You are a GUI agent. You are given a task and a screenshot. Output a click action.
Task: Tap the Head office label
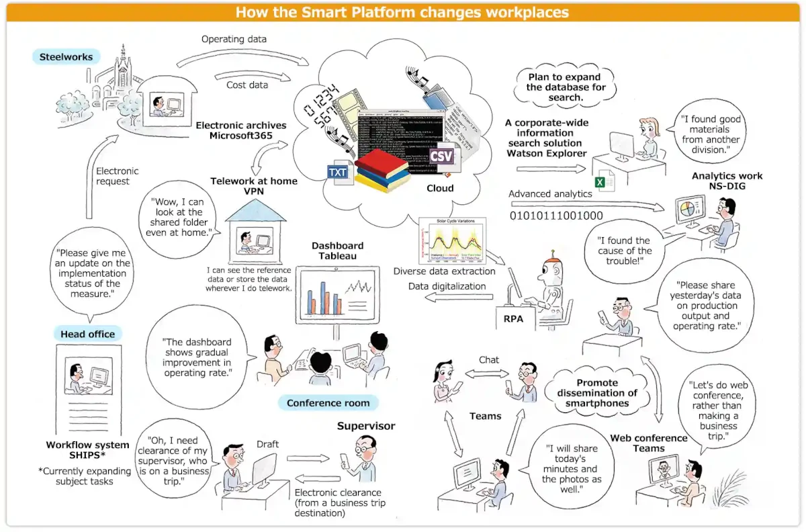click(x=87, y=334)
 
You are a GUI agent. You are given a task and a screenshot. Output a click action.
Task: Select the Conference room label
click(x=328, y=403)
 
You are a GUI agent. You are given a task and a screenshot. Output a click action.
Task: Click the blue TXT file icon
click(x=338, y=173)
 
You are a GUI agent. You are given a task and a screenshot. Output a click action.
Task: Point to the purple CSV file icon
click(x=441, y=156)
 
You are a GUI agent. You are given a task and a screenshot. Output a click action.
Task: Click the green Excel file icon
click(x=600, y=181)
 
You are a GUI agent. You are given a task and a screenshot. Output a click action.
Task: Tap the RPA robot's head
click(x=552, y=267)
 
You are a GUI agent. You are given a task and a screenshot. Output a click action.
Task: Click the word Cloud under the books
click(x=440, y=189)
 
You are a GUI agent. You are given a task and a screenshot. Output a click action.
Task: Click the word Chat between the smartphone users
click(x=489, y=360)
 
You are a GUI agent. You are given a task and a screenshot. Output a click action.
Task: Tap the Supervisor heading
click(x=366, y=426)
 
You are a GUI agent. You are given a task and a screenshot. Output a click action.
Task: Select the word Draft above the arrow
click(x=267, y=444)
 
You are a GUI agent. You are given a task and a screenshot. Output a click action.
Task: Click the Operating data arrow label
click(x=234, y=39)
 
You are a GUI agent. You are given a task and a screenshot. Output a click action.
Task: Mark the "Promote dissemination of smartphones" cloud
click(x=597, y=393)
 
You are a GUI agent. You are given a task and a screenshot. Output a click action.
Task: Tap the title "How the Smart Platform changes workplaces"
click(x=402, y=12)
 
